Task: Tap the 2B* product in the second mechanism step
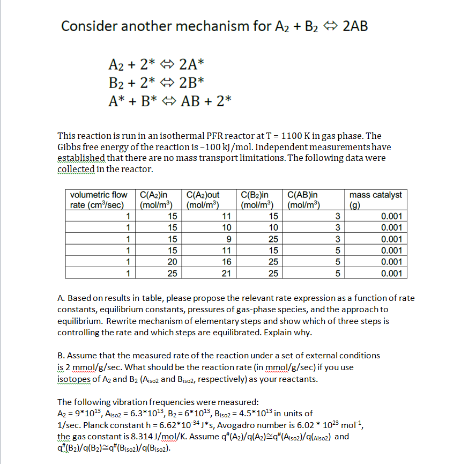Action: (x=191, y=82)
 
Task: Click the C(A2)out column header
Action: (x=202, y=200)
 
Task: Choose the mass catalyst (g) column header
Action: (x=375, y=200)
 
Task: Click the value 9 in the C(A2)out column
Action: (x=229, y=239)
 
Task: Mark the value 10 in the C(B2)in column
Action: (x=273, y=228)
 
